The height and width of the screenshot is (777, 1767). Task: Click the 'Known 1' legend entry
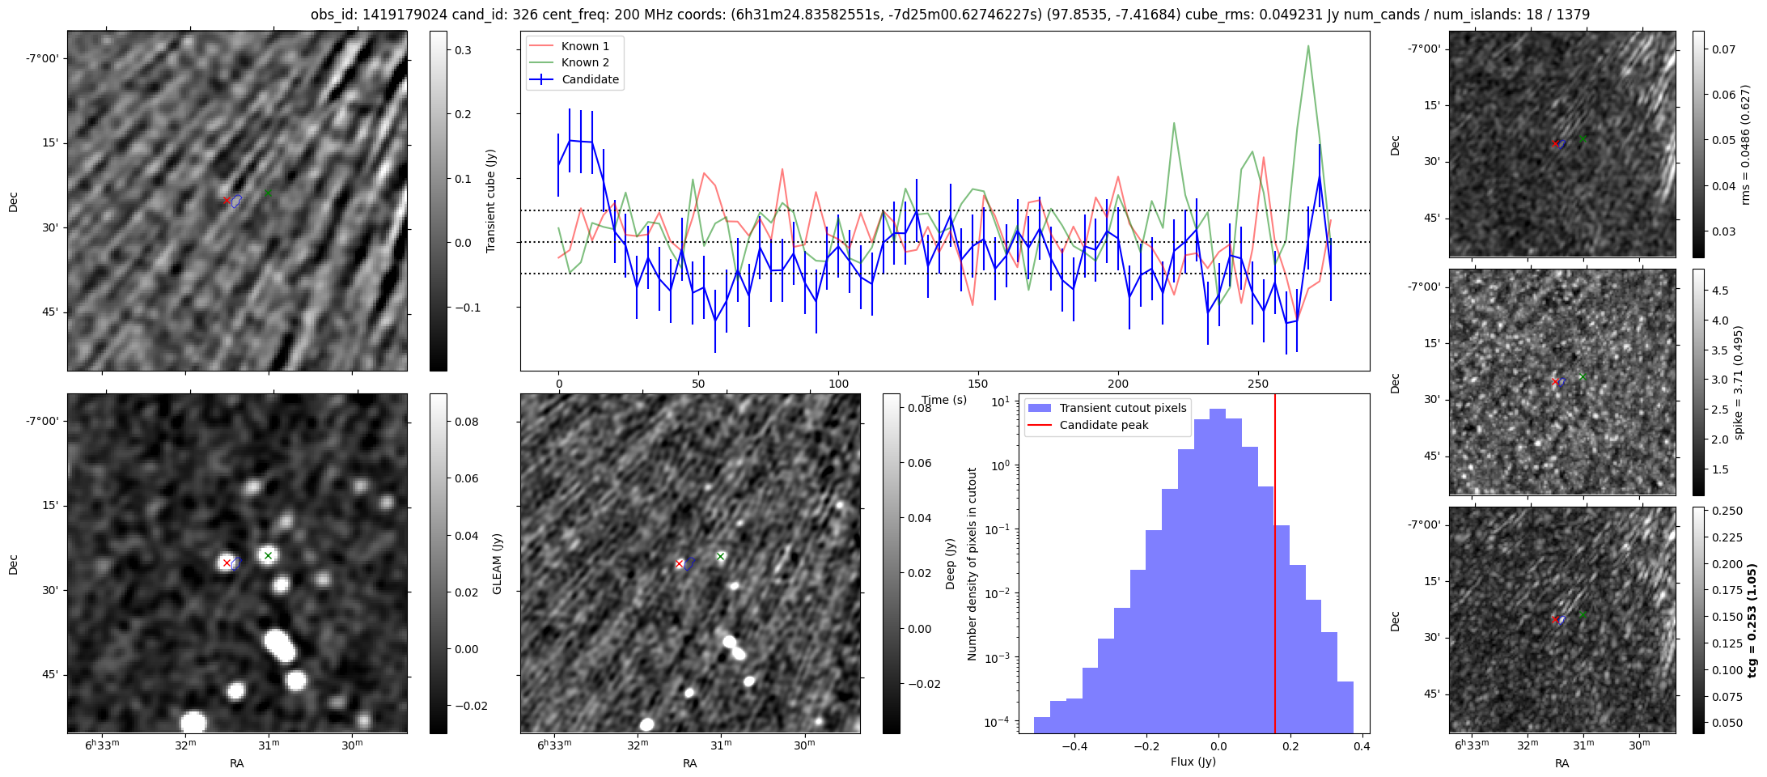pyautogui.click(x=585, y=46)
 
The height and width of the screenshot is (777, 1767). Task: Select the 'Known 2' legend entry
pyautogui.click(x=585, y=62)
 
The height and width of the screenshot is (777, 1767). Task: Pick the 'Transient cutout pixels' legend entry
pyautogui.click(x=1122, y=408)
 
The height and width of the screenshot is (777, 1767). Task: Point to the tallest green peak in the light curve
pyautogui.click(x=1307, y=46)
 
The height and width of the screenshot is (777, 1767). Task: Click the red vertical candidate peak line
pyautogui.click(x=1275, y=567)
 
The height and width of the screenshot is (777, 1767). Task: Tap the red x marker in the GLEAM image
pyautogui.click(x=227, y=563)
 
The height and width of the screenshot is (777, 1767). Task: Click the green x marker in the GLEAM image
pyautogui.click(x=268, y=555)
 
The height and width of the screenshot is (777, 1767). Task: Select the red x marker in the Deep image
pyautogui.click(x=679, y=563)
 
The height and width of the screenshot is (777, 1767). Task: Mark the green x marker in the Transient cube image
pyautogui.click(x=268, y=193)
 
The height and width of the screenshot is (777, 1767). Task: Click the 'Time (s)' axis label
pyautogui.click(x=944, y=400)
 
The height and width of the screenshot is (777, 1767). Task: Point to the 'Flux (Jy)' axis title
pyautogui.click(x=1193, y=762)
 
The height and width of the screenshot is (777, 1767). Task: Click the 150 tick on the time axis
pyautogui.click(x=978, y=383)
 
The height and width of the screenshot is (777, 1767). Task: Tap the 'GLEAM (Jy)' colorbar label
pyautogui.click(x=497, y=563)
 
